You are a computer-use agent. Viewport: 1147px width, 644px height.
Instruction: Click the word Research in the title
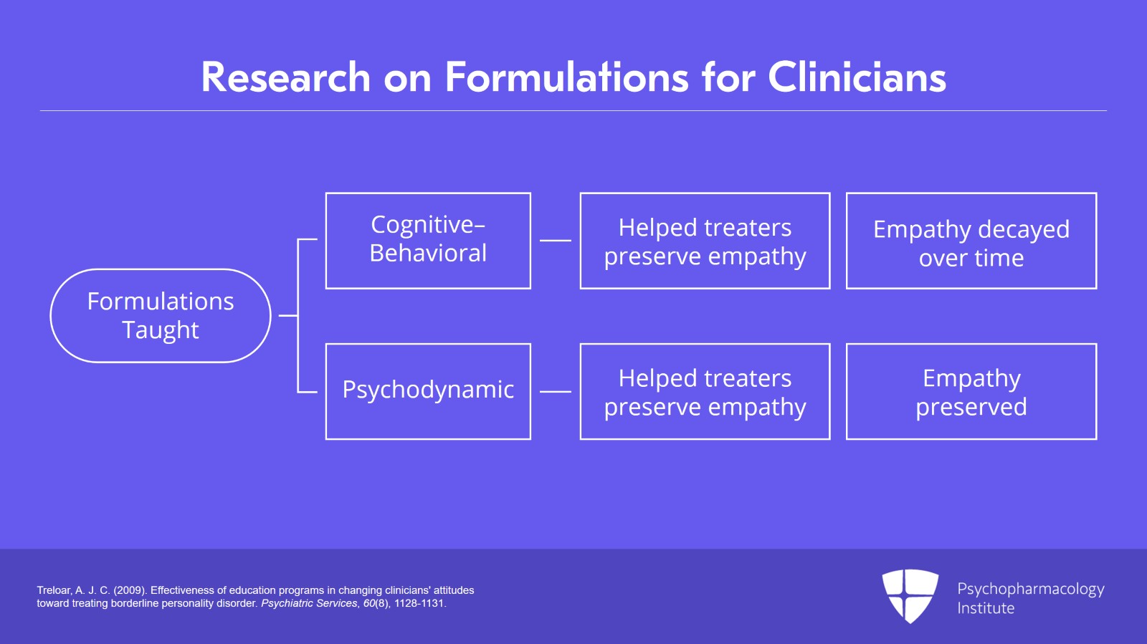click(x=285, y=77)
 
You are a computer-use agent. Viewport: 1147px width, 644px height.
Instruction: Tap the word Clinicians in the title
click(x=857, y=77)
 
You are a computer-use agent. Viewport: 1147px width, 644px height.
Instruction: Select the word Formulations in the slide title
click(x=566, y=77)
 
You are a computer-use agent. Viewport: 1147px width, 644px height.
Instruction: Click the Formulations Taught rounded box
click(x=161, y=315)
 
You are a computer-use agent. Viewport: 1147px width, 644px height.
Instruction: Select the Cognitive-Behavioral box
click(x=428, y=240)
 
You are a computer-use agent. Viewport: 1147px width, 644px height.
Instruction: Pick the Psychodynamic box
click(x=428, y=390)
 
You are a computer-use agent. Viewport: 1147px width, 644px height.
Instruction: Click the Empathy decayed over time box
click(x=971, y=241)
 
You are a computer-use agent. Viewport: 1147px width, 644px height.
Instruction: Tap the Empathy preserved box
click(x=971, y=391)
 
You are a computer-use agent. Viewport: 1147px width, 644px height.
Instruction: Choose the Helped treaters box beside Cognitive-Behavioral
click(x=705, y=241)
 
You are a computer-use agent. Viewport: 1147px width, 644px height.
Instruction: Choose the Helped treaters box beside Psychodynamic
click(x=705, y=391)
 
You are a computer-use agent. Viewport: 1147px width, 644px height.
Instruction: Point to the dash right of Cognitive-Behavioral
click(x=555, y=241)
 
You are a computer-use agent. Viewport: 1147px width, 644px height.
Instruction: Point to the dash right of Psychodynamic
click(x=555, y=392)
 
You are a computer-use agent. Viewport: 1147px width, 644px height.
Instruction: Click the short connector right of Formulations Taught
click(x=287, y=315)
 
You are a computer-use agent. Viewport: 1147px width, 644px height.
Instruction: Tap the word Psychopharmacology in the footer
click(x=1030, y=589)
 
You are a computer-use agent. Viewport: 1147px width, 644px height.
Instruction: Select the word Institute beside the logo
click(x=986, y=608)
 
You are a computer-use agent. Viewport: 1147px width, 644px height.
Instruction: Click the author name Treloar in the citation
click(x=54, y=590)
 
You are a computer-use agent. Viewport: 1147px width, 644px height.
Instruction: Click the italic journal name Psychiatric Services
click(x=309, y=603)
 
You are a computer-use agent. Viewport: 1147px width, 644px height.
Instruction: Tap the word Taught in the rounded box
click(x=161, y=330)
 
